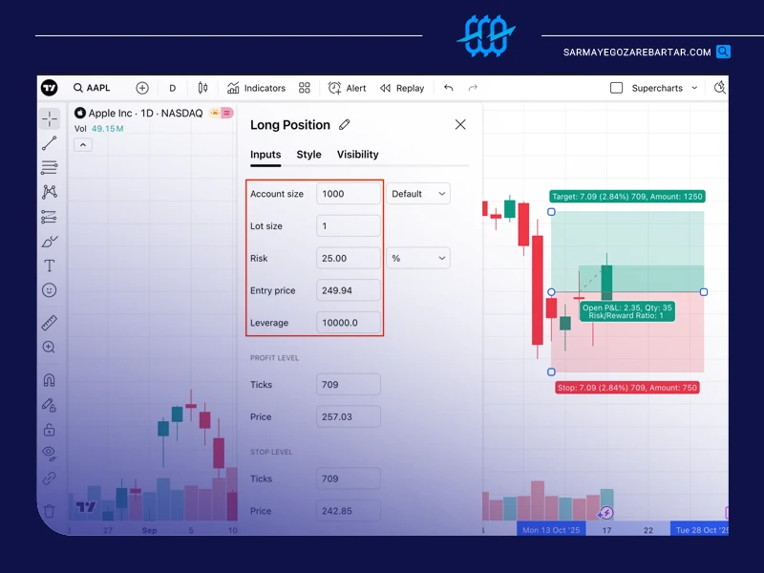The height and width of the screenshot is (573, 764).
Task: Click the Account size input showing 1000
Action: tap(349, 194)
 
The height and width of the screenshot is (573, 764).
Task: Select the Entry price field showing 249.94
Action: tap(349, 290)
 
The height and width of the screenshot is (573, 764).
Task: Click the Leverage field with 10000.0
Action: tap(349, 323)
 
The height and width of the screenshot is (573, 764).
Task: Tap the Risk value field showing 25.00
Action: tap(349, 258)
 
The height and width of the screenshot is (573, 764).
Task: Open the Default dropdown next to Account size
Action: tap(418, 194)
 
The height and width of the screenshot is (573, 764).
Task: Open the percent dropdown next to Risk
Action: tap(418, 258)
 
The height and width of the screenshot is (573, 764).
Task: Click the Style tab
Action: tap(308, 155)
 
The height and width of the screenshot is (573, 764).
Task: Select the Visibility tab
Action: tap(357, 155)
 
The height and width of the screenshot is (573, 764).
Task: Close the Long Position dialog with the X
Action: tap(460, 125)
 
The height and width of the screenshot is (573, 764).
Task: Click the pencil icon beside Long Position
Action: tap(345, 125)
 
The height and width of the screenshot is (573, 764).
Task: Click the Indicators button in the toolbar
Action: tap(256, 88)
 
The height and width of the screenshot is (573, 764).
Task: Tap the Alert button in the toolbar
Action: tap(347, 88)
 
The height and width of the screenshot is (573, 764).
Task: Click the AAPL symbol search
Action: tap(92, 88)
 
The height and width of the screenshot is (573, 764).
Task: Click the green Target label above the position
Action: tap(627, 197)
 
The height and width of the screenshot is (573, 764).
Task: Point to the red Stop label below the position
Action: tap(627, 388)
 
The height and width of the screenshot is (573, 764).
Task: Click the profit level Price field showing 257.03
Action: tap(349, 416)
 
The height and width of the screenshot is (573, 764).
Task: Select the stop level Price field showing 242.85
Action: tap(349, 511)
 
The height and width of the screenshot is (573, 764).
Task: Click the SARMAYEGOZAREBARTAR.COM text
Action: tap(637, 53)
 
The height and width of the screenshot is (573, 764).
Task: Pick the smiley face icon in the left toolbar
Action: tap(50, 290)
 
